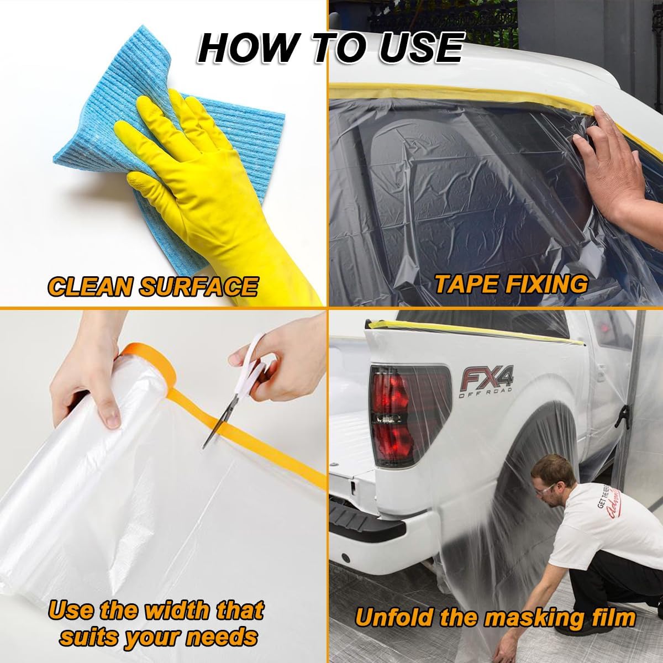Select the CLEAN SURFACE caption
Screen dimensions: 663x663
[152, 286]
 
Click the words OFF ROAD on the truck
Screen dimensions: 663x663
[485, 394]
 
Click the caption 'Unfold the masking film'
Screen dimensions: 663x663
[494, 617]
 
